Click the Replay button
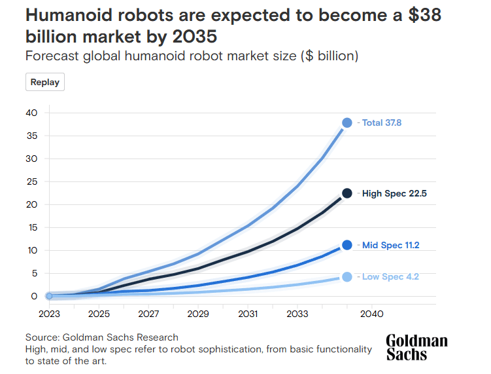coord(45,82)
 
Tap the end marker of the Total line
coord(347,122)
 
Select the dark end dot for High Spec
coord(347,193)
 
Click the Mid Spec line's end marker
coord(347,245)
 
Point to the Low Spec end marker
coord(347,277)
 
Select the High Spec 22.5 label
coord(394,193)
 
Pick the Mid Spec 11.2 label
coord(391,246)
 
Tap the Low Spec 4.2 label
coord(390,277)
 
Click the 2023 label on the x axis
coord(49,314)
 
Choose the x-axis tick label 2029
coord(198,314)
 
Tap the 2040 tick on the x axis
coord(371,314)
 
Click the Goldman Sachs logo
coord(416,348)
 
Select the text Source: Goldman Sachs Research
coord(101,337)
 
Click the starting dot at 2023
coord(49,296)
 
